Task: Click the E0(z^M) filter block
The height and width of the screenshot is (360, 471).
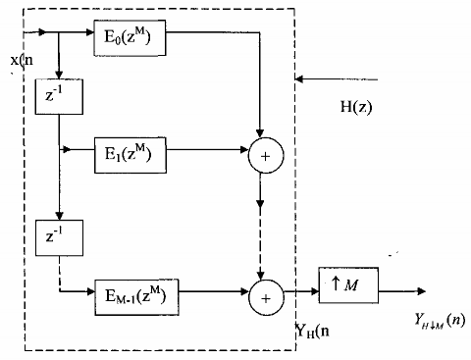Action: tap(129, 41)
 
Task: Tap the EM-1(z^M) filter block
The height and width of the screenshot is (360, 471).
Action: tap(129, 292)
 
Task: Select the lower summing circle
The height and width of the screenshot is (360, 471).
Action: tap(261, 292)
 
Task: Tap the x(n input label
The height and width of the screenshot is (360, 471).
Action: tap(21, 60)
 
